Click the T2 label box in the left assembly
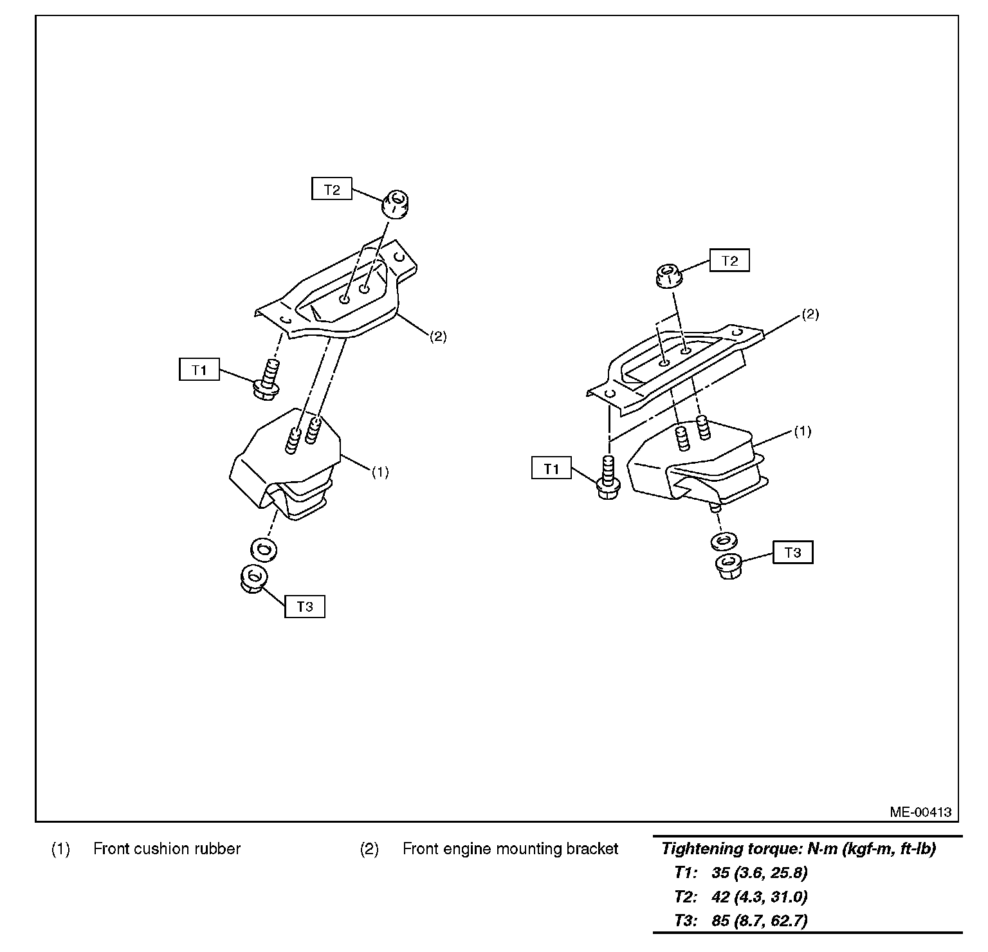tap(332, 190)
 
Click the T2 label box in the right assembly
tap(729, 261)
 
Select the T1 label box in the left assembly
tap(199, 370)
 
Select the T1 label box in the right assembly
tap(551, 468)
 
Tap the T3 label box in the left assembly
tap(305, 607)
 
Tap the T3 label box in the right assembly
tap(792, 553)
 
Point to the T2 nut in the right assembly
tap(669, 277)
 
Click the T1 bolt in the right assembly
tap(607, 477)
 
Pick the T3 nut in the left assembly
tap(253, 578)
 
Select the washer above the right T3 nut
tap(725, 540)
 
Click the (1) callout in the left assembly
tap(380, 472)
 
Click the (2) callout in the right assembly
tap(810, 315)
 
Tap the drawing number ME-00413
tap(920, 812)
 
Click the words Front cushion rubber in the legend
tap(167, 848)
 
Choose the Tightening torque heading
tap(798, 848)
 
